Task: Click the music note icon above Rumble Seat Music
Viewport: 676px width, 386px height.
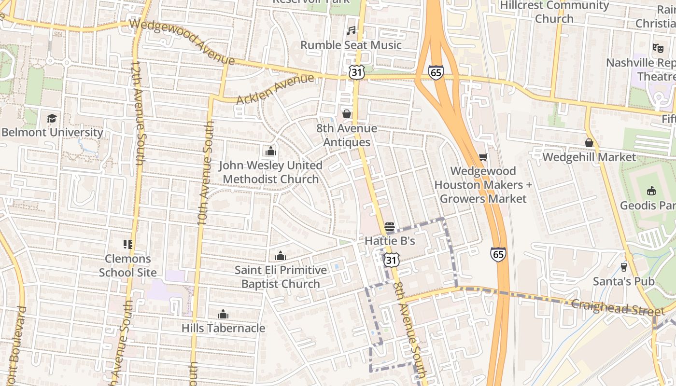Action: [351, 31]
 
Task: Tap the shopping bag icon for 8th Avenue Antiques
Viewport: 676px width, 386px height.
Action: [347, 114]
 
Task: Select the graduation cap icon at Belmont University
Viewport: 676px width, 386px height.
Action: [52, 118]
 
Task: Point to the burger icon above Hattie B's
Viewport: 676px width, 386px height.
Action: [390, 227]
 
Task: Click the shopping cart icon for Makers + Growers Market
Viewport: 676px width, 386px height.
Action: [482, 157]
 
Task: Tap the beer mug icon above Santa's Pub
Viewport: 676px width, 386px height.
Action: [623, 267]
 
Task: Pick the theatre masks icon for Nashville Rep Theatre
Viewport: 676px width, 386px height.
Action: [658, 48]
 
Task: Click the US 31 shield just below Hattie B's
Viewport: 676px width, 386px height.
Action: [392, 260]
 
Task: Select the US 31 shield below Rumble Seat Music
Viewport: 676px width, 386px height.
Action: [355, 72]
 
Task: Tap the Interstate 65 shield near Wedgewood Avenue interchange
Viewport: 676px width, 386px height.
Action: [436, 72]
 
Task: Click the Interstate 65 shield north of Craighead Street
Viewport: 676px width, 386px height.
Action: [498, 254]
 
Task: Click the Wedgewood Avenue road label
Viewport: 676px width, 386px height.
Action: [182, 41]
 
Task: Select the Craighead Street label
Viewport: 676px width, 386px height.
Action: [610, 306]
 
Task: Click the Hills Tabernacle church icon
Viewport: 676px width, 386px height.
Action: [223, 315]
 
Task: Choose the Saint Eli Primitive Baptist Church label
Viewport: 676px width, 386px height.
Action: [281, 277]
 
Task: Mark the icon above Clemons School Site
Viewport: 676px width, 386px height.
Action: [127, 245]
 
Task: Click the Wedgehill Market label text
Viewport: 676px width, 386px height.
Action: [589, 157]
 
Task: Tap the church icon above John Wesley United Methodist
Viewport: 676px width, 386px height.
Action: [270, 152]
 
